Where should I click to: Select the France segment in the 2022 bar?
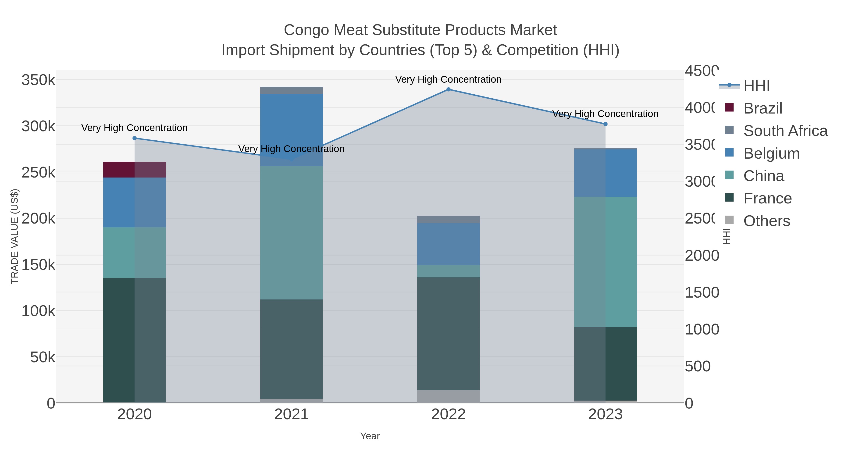click(x=448, y=333)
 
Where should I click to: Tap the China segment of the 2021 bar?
click(x=291, y=232)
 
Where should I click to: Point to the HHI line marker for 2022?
click(x=448, y=89)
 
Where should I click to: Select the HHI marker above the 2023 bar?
click(x=605, y=124)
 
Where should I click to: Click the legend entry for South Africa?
click(x=785, y=131)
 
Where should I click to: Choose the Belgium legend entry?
click(x=771, y=153)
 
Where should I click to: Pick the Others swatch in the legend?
click(x=729, y=220)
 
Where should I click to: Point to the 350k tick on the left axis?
click(x=38, y=80)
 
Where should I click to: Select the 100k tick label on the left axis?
click(x=38, y=311)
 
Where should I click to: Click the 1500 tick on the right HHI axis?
click(x=702, y=292)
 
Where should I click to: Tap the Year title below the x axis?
click(x=370, y=436)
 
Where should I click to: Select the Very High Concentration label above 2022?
click(x=448, y=79)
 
